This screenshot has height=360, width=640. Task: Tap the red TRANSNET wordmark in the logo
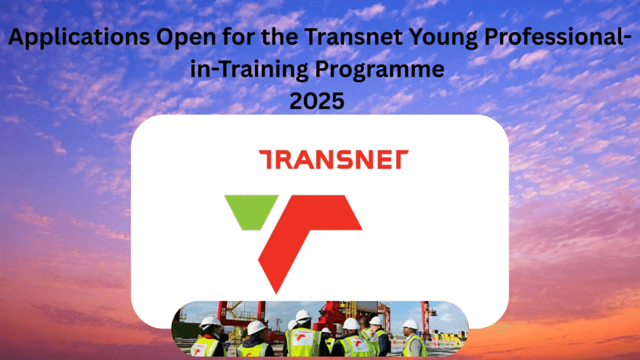coord(333,159)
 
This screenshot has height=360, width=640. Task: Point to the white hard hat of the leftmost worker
coord(210,322)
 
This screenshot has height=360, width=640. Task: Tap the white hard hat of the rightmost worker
coord(410,324)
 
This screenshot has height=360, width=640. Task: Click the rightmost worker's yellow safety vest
coord(413,346)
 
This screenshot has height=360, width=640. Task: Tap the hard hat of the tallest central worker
coord(303,316)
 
